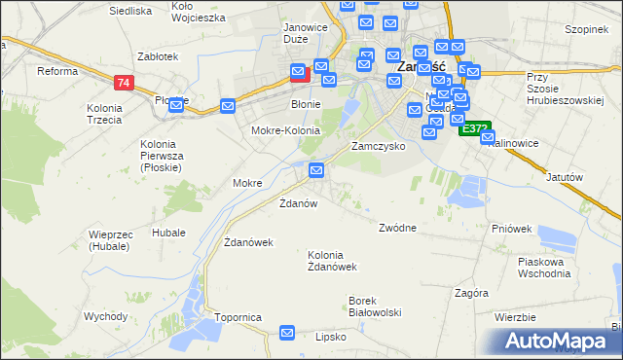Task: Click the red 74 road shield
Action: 122,83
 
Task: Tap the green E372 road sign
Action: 475,128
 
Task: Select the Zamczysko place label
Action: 378,145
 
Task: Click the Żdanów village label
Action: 299,203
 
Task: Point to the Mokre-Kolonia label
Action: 285,130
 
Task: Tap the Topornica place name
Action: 238,317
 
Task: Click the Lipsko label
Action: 331,337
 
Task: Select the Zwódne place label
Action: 397,228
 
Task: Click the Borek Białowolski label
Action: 376,306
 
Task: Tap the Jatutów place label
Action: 565,177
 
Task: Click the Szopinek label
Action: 586,29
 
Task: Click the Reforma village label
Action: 56,71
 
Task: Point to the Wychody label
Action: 105,316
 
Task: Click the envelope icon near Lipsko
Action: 287,333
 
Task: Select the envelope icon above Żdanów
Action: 316,171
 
